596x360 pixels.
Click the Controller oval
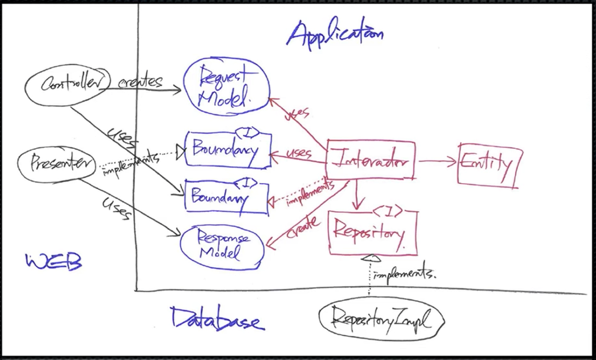click(x=68, y=84)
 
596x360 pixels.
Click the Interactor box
click(x=370, y=160)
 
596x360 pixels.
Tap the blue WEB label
click(x=54, y=262)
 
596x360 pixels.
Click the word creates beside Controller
click(x=140, y=82)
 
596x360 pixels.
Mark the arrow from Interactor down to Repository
click(x=357, y=196)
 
